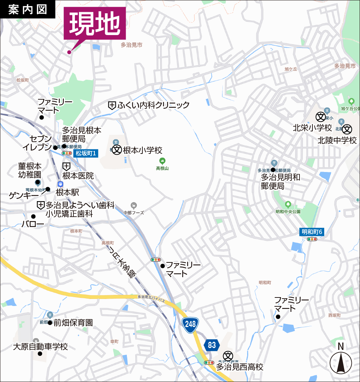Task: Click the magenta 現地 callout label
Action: point(95,23)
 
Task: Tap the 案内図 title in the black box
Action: point(28,9)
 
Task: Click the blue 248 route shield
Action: point(190,324)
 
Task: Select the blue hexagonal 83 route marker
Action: point(211,345)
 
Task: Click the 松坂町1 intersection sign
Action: point(86,153)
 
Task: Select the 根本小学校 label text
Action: point(142,150)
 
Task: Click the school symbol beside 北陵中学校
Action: point(347,130)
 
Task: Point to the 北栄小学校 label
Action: point(312,128)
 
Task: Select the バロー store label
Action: point(33,224)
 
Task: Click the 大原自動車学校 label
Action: point(41,347)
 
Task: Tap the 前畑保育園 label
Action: point(73,323)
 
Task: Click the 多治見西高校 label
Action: point(240,367)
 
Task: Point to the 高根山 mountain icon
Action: point(162,161)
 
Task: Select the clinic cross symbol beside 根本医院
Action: point(66,166)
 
